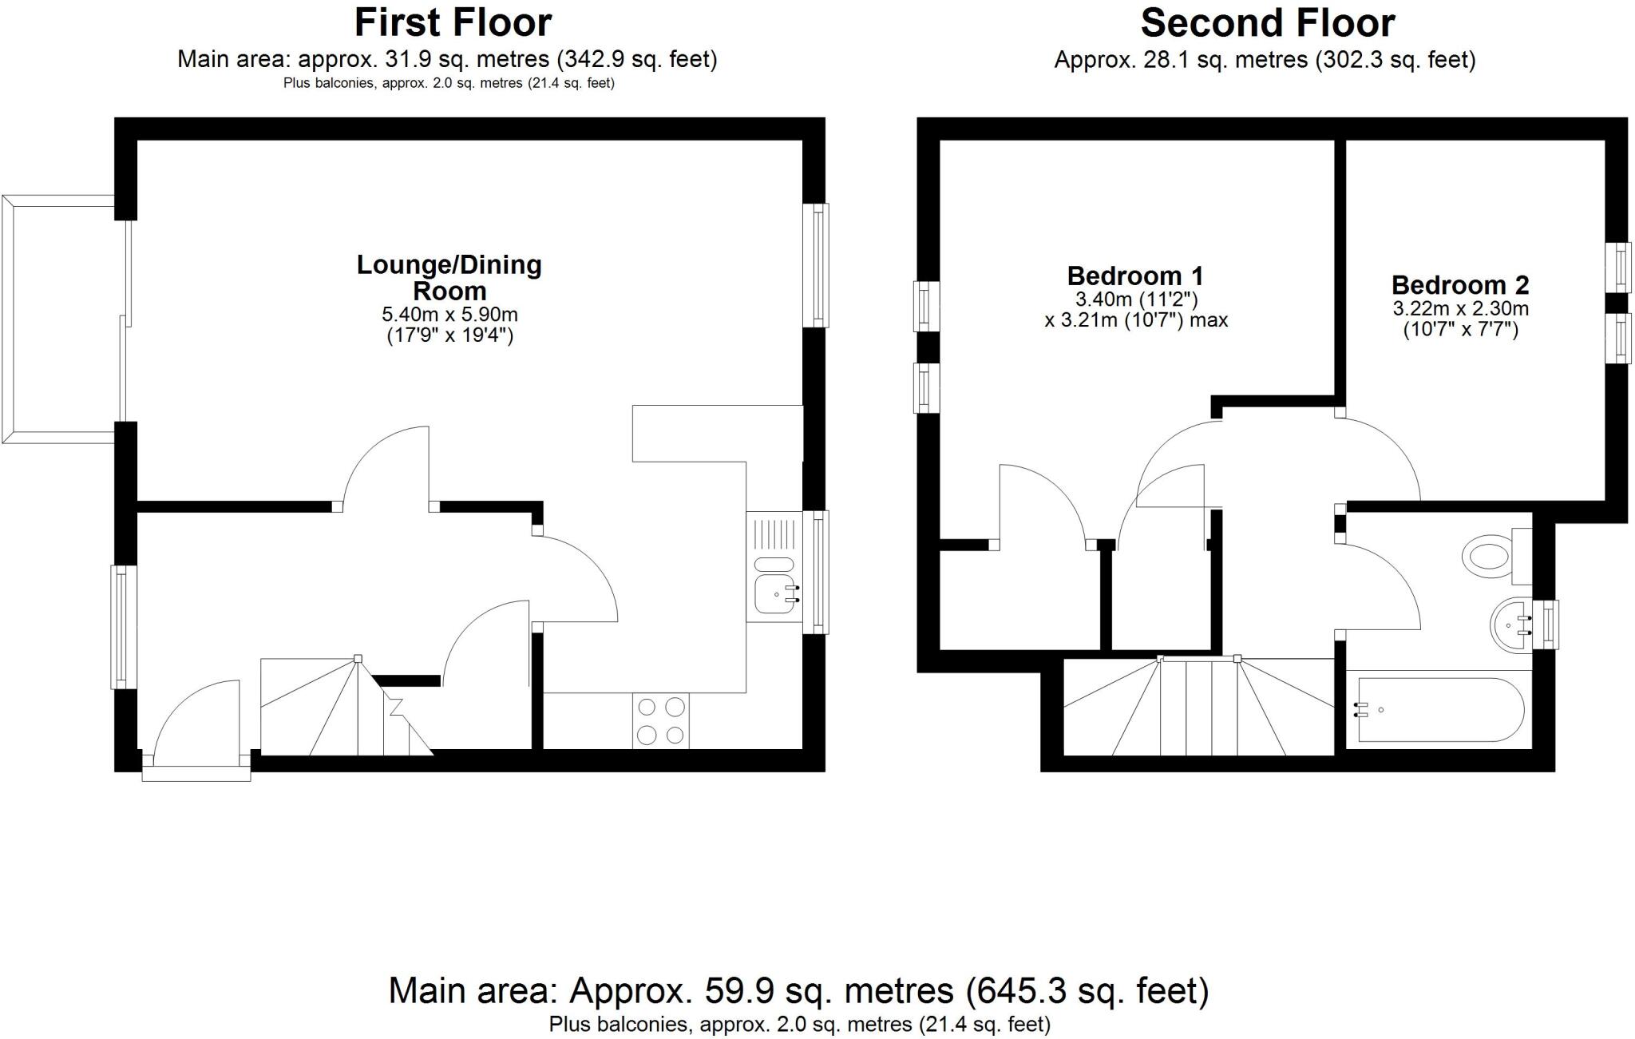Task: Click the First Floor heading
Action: coord(453,22)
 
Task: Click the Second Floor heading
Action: coord(1267,22)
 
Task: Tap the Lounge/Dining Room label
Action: coord(449,276)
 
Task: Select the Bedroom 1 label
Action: coord(1134,276)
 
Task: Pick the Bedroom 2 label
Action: coord(1460,285)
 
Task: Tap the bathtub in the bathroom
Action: coord(1439,710)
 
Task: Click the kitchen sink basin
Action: coord(774,594)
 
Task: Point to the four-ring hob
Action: coord(661,720)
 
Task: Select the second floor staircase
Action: coord(1198,708)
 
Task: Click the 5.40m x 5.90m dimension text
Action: coord(449,315)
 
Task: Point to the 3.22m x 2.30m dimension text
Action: coord(1460,308)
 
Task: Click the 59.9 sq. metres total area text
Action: coord(798,991)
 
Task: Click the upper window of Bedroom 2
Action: coord(1618,267)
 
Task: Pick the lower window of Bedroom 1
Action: coord(926,388)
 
